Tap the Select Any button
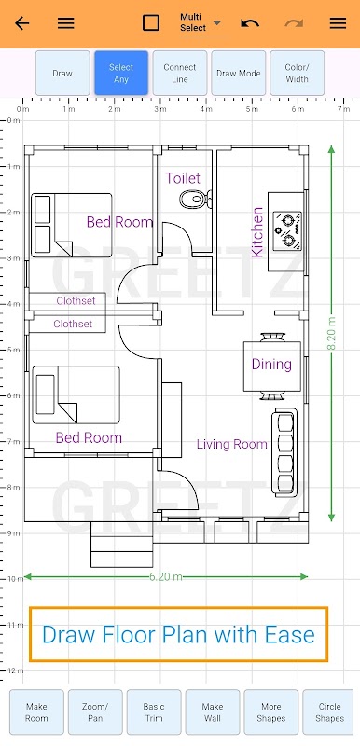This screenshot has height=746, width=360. point(121,74)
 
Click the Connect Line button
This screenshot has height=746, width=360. point(180,74)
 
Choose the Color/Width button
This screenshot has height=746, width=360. point(297,74)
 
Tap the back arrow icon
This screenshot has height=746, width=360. point(21,22)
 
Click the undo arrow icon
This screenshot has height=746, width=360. point(250,22)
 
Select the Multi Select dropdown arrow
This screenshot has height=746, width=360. point(217,22)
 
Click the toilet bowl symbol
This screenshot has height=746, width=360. point(196,199)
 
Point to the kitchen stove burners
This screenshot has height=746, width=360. point(287,229)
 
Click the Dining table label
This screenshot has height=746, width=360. point(271,365)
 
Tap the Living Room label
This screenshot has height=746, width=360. point(232,445)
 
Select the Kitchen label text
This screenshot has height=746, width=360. point(257,231)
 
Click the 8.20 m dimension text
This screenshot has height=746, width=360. point(331,333)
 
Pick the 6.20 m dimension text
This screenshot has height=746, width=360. point(166,576)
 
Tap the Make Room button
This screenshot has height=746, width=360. point(36,712)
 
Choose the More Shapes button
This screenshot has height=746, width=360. point(270,712)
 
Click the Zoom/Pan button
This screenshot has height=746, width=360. point(95,712)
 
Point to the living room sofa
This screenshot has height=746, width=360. point(284,452)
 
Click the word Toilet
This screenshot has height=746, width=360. point(183,178)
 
